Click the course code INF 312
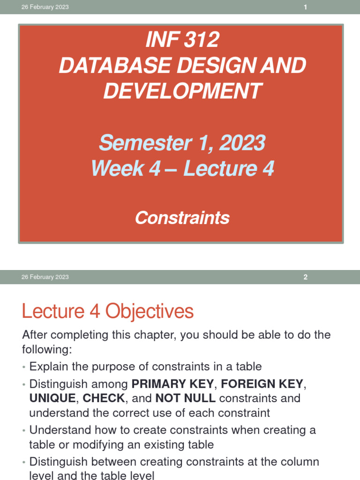click(x=182, y=40)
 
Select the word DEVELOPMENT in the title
click(x=182, y=90)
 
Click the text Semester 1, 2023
click(x=182, y=142)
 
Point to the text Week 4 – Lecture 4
click(x=182, y=168)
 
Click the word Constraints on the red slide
click(x=182, y=217)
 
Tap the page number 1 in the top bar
click(x=305, y=7)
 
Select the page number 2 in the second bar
click(x=305, y=277)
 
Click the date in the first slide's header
click(x=45, y=7)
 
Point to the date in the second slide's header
click(x=45, y=277)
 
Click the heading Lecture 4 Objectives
click(x=108, y=311)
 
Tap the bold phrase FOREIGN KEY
click(x=262, y=384)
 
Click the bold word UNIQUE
click(x=52, y=398)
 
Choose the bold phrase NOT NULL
click(x=186, y=398)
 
